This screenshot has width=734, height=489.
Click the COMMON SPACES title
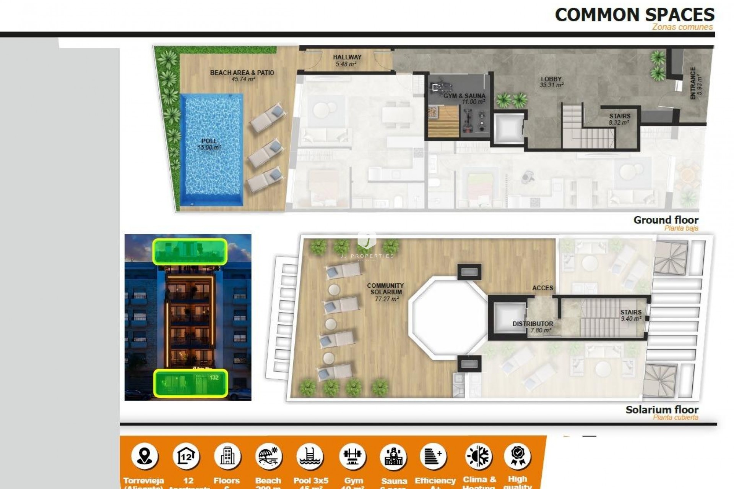634,15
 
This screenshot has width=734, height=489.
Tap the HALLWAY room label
347,60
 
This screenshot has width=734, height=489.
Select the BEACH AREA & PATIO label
242,76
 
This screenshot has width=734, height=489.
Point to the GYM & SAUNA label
464,99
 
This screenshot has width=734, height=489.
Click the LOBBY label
551,82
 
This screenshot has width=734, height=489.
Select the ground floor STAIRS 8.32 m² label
619,119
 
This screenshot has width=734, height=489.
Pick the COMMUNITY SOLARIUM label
385,292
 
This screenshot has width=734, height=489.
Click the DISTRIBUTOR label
533,327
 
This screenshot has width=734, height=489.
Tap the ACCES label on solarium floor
542,288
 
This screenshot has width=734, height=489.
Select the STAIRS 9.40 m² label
631,315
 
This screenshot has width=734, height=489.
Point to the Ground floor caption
666,220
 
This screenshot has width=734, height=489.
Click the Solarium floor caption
662,410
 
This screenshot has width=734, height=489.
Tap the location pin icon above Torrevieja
145,456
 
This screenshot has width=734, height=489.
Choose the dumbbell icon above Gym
352,456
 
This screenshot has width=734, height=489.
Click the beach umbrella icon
268,456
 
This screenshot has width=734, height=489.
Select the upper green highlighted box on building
190,251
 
